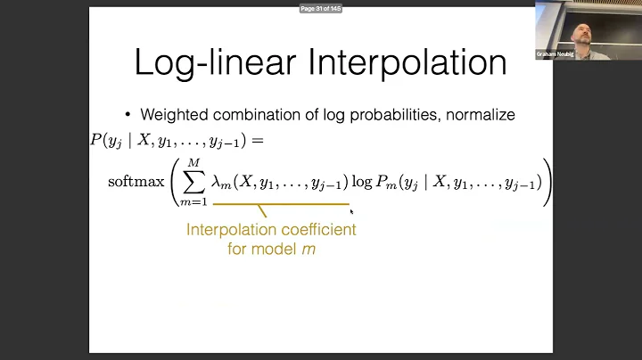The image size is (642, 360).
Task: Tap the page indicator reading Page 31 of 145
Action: point(320,8)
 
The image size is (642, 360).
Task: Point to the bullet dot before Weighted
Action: point(128,115)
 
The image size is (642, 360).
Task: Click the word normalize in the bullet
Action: point(479,115)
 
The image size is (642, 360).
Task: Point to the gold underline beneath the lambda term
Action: point(281,204)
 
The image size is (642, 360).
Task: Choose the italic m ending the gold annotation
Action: point(309,250)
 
